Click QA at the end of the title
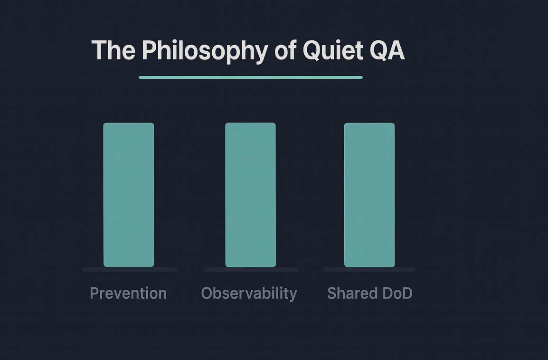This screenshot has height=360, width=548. click(x=387, y=50)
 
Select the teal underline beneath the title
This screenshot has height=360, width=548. click(x=250, y=77)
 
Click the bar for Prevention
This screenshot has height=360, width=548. click(x=129, y=195)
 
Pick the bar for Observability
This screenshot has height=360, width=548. click(x=250, y=195)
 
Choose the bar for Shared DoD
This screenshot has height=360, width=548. click(x=369, y=195)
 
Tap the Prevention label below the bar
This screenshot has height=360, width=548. click(x=128, y=293)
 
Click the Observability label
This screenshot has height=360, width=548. click(x=249, y=294)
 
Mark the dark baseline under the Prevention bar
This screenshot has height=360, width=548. click(x=130, y=269)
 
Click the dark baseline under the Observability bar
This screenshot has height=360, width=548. click(x=251, y=269)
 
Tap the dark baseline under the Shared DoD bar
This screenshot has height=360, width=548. click(x=369, y=269)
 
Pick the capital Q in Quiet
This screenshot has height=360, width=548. click(x=313, y=50)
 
